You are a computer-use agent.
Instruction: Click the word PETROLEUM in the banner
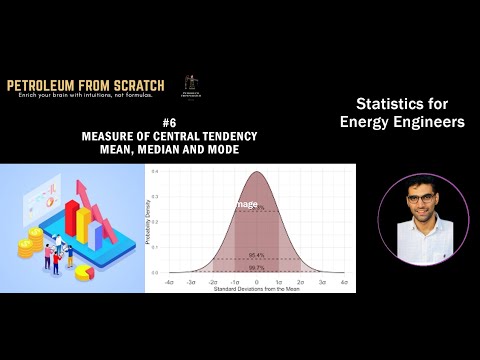click(46, 86)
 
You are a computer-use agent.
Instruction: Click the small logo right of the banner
click(187, 88)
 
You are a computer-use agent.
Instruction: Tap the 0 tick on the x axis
click(257, 283)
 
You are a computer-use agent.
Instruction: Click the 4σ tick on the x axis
click(344, 283)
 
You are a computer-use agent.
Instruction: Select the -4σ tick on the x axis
click(169, 283)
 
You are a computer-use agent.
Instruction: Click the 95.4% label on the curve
click(257, 255)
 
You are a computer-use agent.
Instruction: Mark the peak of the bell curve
click(257, 172)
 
